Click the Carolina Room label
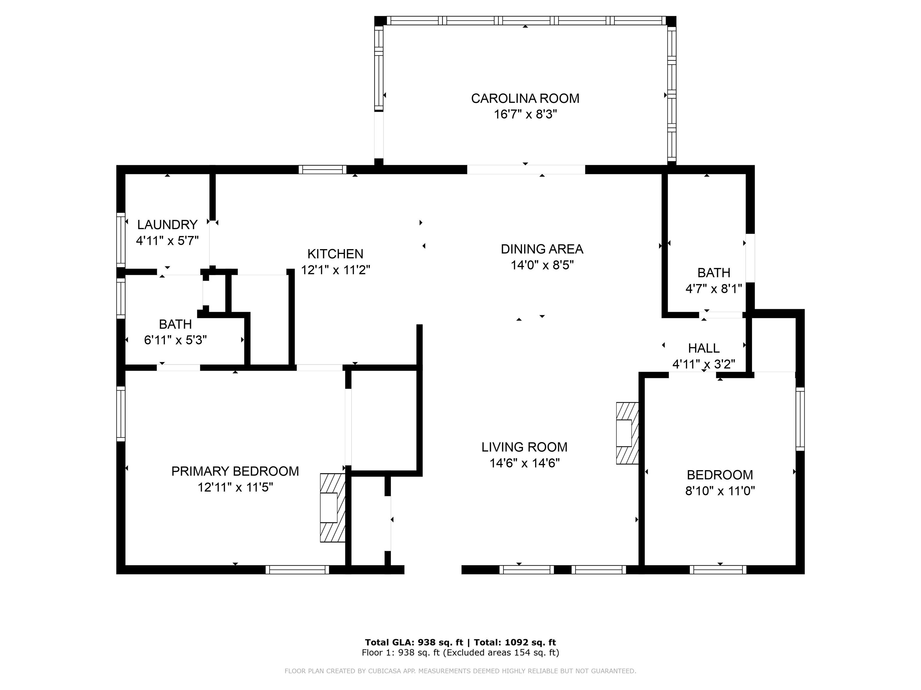click(525, 99)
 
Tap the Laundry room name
click(167, 225)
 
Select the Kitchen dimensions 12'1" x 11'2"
click(335, 270)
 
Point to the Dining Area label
click(542, 249)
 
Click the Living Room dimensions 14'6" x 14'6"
click(525, 463)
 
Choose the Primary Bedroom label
click(235, 471)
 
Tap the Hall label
click(704, 348)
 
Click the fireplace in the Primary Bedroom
click(333, 507)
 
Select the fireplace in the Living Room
click(627, 433)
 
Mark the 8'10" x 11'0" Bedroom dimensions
click(720, 491)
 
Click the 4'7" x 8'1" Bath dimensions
click(714, 289)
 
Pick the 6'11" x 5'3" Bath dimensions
click(175, 340)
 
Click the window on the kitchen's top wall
click(323, 169)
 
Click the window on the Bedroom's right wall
click(800, 419)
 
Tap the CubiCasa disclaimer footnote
click(460, 671)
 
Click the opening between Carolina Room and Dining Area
click(526, 169)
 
